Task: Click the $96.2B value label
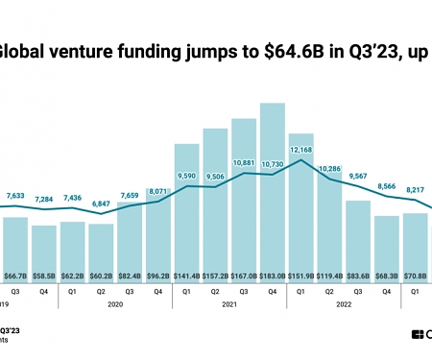[157, 274]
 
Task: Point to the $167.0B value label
[244, 274]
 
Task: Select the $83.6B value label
[358, 274]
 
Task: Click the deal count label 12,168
[301, 150]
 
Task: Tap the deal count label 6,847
[101, 205]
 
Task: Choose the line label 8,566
[387, 186]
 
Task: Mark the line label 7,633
[14, 196]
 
